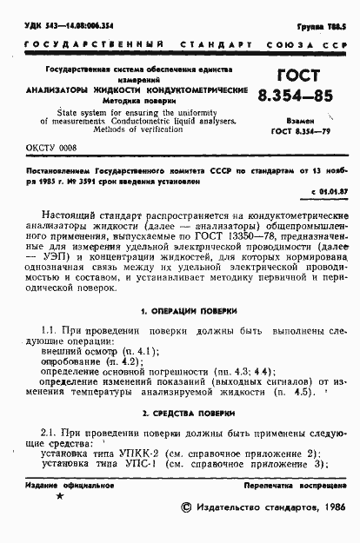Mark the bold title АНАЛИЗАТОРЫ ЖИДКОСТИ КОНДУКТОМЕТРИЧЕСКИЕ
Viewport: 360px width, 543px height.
[136, 90]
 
